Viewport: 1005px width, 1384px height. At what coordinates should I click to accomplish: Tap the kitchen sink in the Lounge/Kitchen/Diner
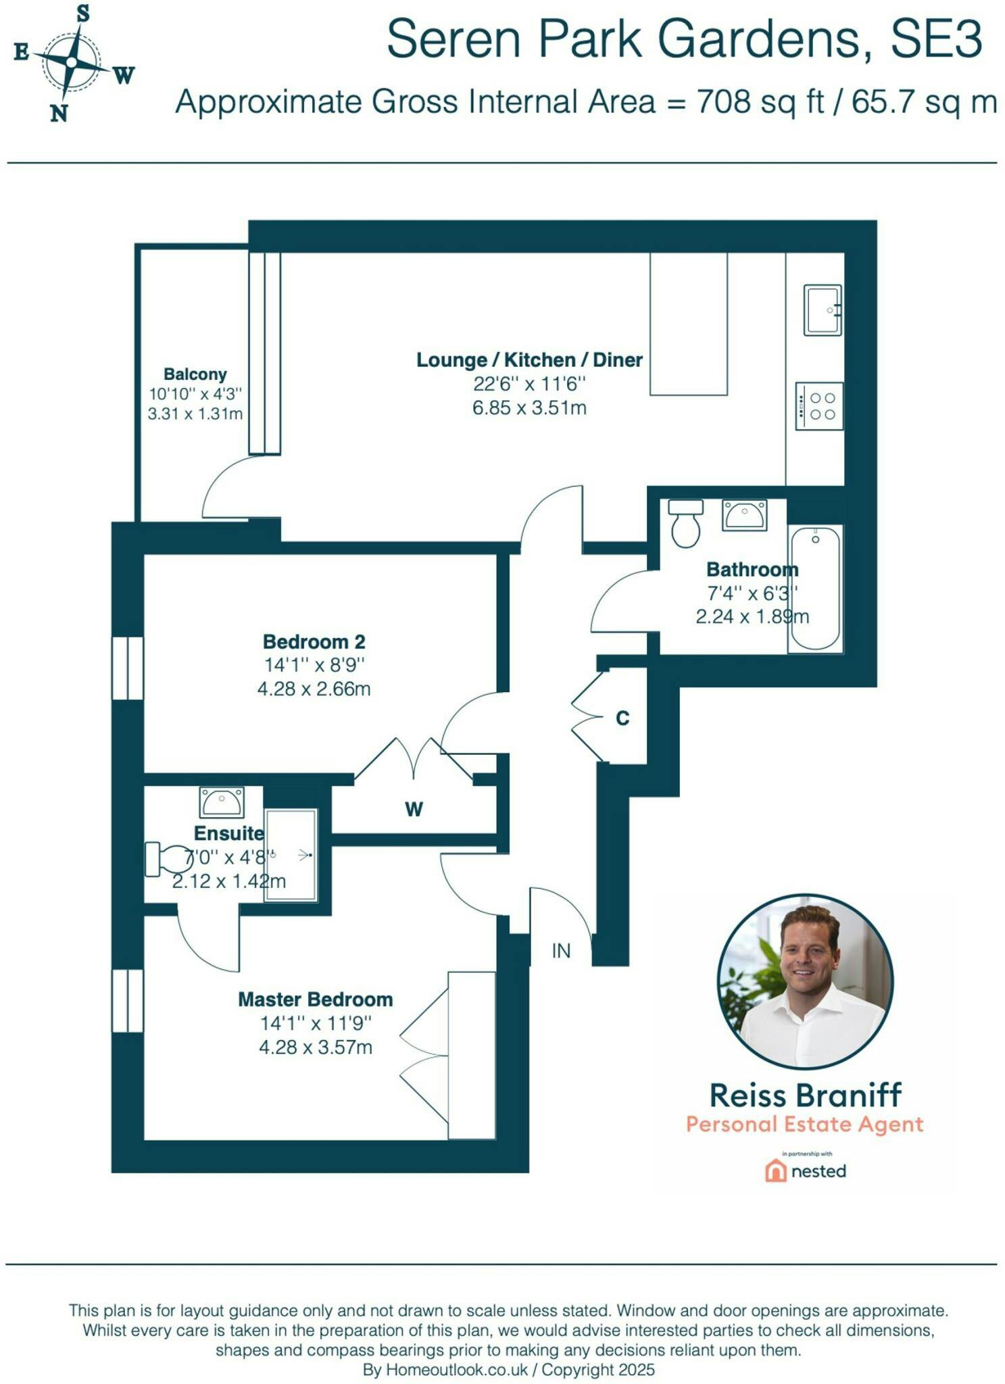point(823,310)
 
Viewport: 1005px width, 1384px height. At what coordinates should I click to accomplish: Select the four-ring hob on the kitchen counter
point(819,406)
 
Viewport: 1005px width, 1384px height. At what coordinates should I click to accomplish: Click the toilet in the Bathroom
point(685,523)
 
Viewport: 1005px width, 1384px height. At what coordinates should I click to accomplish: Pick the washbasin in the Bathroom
point(744,515)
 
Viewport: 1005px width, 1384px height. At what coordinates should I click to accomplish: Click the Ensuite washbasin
point(222,802)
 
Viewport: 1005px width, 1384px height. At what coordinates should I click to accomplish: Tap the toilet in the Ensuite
point(169,859)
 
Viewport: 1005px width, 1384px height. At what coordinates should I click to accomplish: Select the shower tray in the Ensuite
point(291,855)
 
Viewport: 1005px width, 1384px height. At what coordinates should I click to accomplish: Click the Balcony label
point(195,374)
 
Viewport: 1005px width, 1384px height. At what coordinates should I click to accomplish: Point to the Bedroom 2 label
point(314,641)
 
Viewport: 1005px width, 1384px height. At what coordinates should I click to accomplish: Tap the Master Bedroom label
point(316,999)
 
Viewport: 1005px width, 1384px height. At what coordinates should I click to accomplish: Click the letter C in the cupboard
point(622,718)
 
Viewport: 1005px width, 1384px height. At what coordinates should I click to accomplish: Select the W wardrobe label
point(414,809)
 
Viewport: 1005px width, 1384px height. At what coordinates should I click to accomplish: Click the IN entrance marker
point(561,951)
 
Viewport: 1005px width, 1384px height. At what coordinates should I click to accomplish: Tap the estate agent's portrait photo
point(805,982)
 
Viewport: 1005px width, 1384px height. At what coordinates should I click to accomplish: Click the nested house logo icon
point(775,1170)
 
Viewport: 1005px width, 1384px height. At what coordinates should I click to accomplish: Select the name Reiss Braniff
point(805,1095)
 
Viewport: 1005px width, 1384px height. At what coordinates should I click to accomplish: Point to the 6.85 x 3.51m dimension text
point(529,407)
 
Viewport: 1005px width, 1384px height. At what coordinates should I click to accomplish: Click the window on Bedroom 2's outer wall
point(128,668)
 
